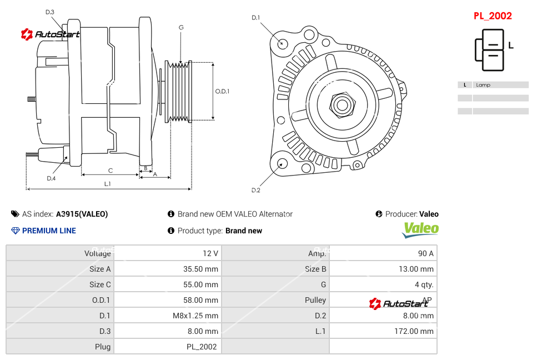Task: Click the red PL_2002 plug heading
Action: [x=493, y=16]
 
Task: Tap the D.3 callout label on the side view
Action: [x=50, y=12]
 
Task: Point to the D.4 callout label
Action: [x=51, y=178]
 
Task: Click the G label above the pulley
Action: [x=181, y=27]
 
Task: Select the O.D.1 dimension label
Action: [x=222, y=91]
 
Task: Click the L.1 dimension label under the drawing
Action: [x=108, y=184]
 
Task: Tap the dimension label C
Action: [x=110, y=171]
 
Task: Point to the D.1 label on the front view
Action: [x=255, y=18]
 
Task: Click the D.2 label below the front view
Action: [x=255, y=190]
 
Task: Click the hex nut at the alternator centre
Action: [x=342, y=104]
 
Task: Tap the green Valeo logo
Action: [x=420, y=229]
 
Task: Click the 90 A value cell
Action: [x=425, y=253]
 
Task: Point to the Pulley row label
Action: [x=315, y=300]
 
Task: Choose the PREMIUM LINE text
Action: [x=49, y=231]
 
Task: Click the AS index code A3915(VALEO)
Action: [x=82, y=214]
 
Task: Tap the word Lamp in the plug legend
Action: [x=483, y=85]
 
